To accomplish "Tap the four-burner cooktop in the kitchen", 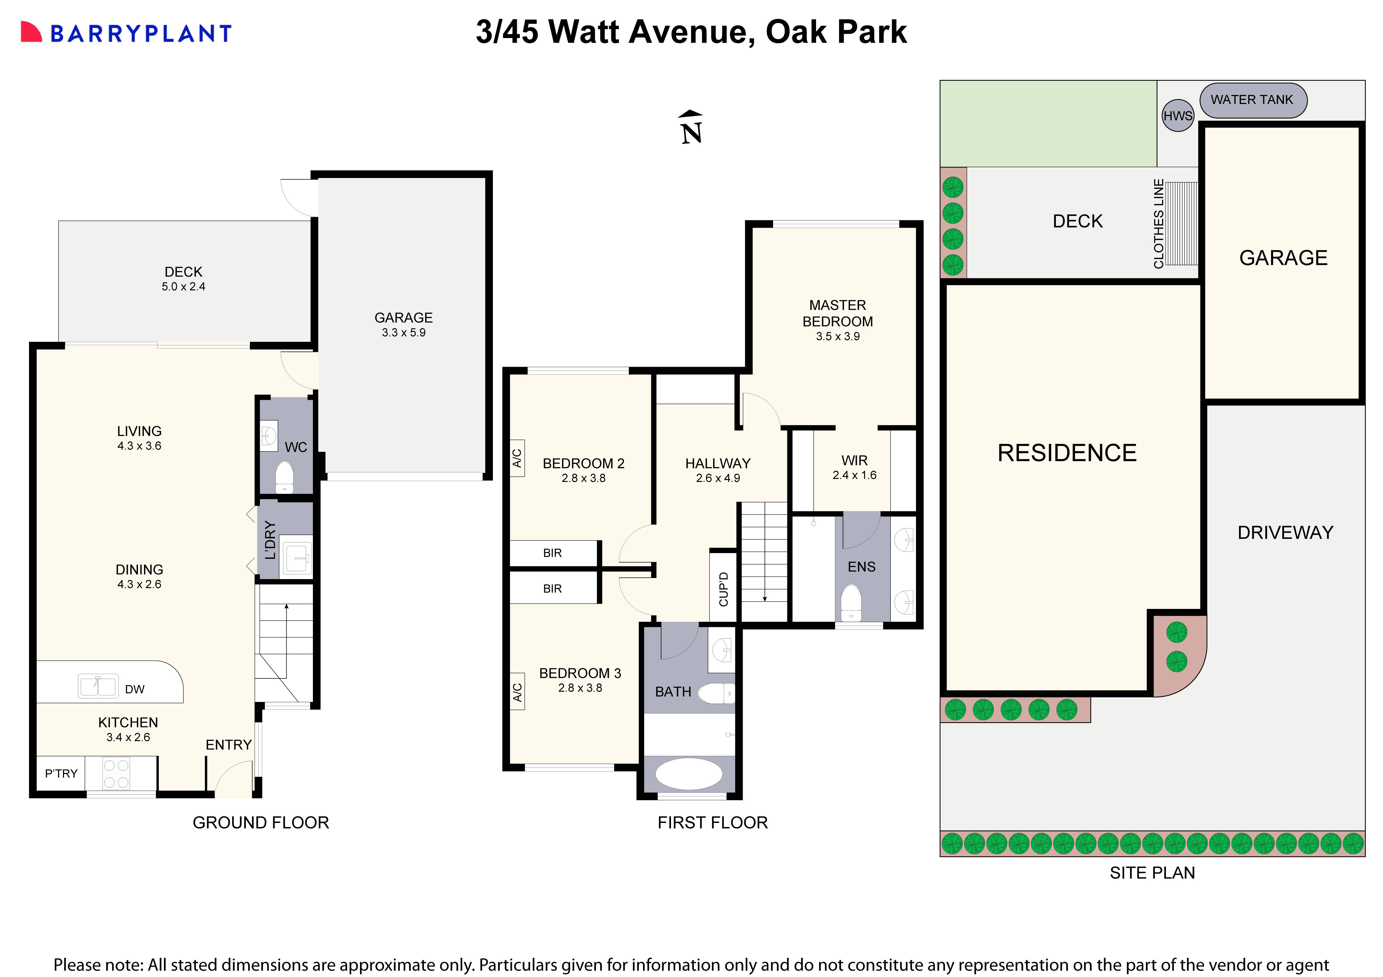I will (116, 773).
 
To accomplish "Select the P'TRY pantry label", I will (61, 773).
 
